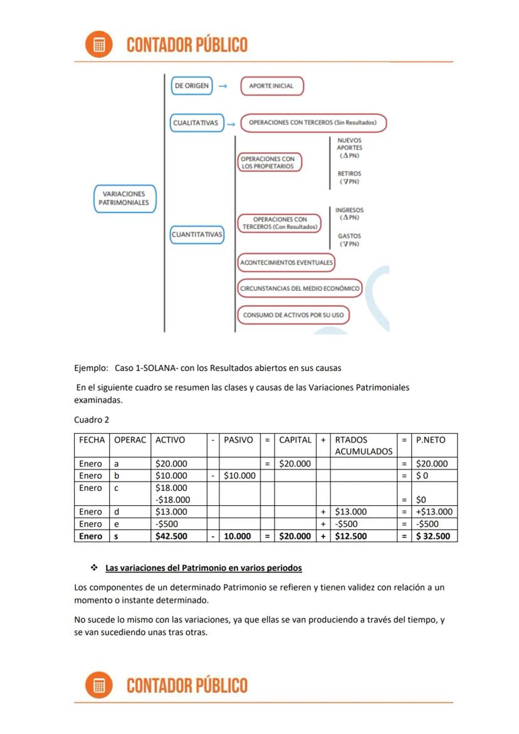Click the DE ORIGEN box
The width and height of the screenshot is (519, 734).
point(192,86)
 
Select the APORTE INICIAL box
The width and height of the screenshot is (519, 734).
point(271,86)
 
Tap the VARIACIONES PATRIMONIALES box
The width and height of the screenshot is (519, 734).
point(124,199)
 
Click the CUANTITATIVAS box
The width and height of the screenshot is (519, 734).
point(197,234)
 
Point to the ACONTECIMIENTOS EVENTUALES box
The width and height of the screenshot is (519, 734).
point(286,262)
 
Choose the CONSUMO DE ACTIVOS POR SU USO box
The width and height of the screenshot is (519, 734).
point(293,315)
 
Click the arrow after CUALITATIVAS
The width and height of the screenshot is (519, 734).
point(231,123)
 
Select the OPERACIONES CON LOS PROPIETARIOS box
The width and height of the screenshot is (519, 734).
point(268,163)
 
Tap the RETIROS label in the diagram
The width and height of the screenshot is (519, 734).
point(349,177)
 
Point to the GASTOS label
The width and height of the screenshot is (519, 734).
point(349,240)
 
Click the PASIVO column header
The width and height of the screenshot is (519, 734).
point(238,440)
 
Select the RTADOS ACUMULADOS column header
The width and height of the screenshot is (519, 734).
point(364,445)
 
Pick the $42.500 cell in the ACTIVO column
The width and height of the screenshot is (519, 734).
point(171,536)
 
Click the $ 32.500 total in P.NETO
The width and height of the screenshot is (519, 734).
point(433,536)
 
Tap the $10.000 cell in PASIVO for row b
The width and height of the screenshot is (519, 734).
point(238,476)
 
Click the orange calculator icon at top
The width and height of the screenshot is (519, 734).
point(99,45)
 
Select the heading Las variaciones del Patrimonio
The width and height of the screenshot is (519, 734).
point(203,568)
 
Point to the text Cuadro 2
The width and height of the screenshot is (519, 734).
point(92,420)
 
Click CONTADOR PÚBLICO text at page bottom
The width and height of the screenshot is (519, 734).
point(187,685)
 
